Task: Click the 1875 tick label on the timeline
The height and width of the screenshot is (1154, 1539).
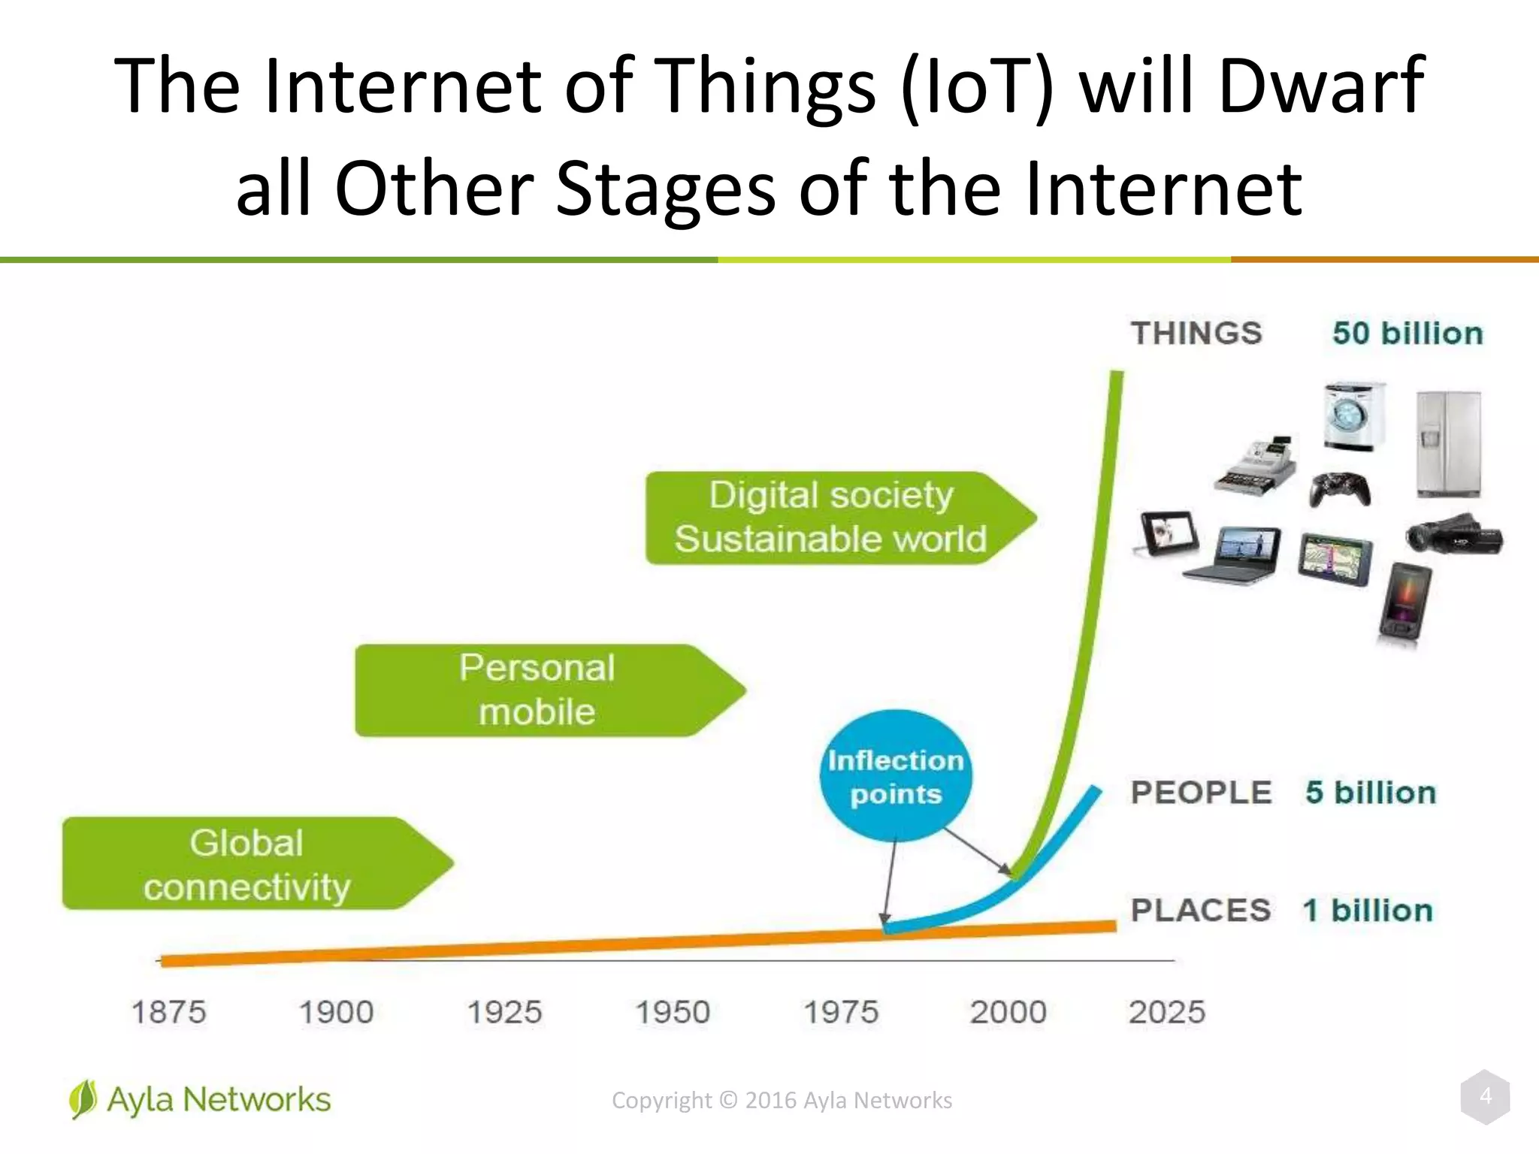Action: (168, 1012)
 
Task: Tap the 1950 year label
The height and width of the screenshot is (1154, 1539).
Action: (673, 1012)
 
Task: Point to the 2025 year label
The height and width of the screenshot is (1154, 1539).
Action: (1166, 1012)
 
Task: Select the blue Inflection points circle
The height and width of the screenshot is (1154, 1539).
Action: (895, 776)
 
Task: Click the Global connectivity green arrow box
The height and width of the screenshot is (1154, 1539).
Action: (248, 864)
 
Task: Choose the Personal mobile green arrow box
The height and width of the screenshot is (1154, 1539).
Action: (537, 690)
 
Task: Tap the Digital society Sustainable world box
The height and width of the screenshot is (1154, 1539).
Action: (830, 518)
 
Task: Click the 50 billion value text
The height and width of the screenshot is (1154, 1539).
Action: (1407, 334)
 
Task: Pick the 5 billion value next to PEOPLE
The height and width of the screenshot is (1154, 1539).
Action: (1370, 793)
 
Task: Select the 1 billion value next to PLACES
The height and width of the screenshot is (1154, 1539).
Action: (1368, 911)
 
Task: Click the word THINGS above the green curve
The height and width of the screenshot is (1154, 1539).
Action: (1196, 334)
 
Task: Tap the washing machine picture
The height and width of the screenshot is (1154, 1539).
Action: (1353, 417)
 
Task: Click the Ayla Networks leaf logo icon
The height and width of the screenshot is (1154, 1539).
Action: (83, 1099)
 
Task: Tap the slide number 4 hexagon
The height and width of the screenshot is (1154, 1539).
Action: (1485, 1097)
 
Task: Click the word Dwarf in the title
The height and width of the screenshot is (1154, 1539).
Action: (1320, 85)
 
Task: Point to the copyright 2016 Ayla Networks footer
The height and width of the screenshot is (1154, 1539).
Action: (782, 1100)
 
